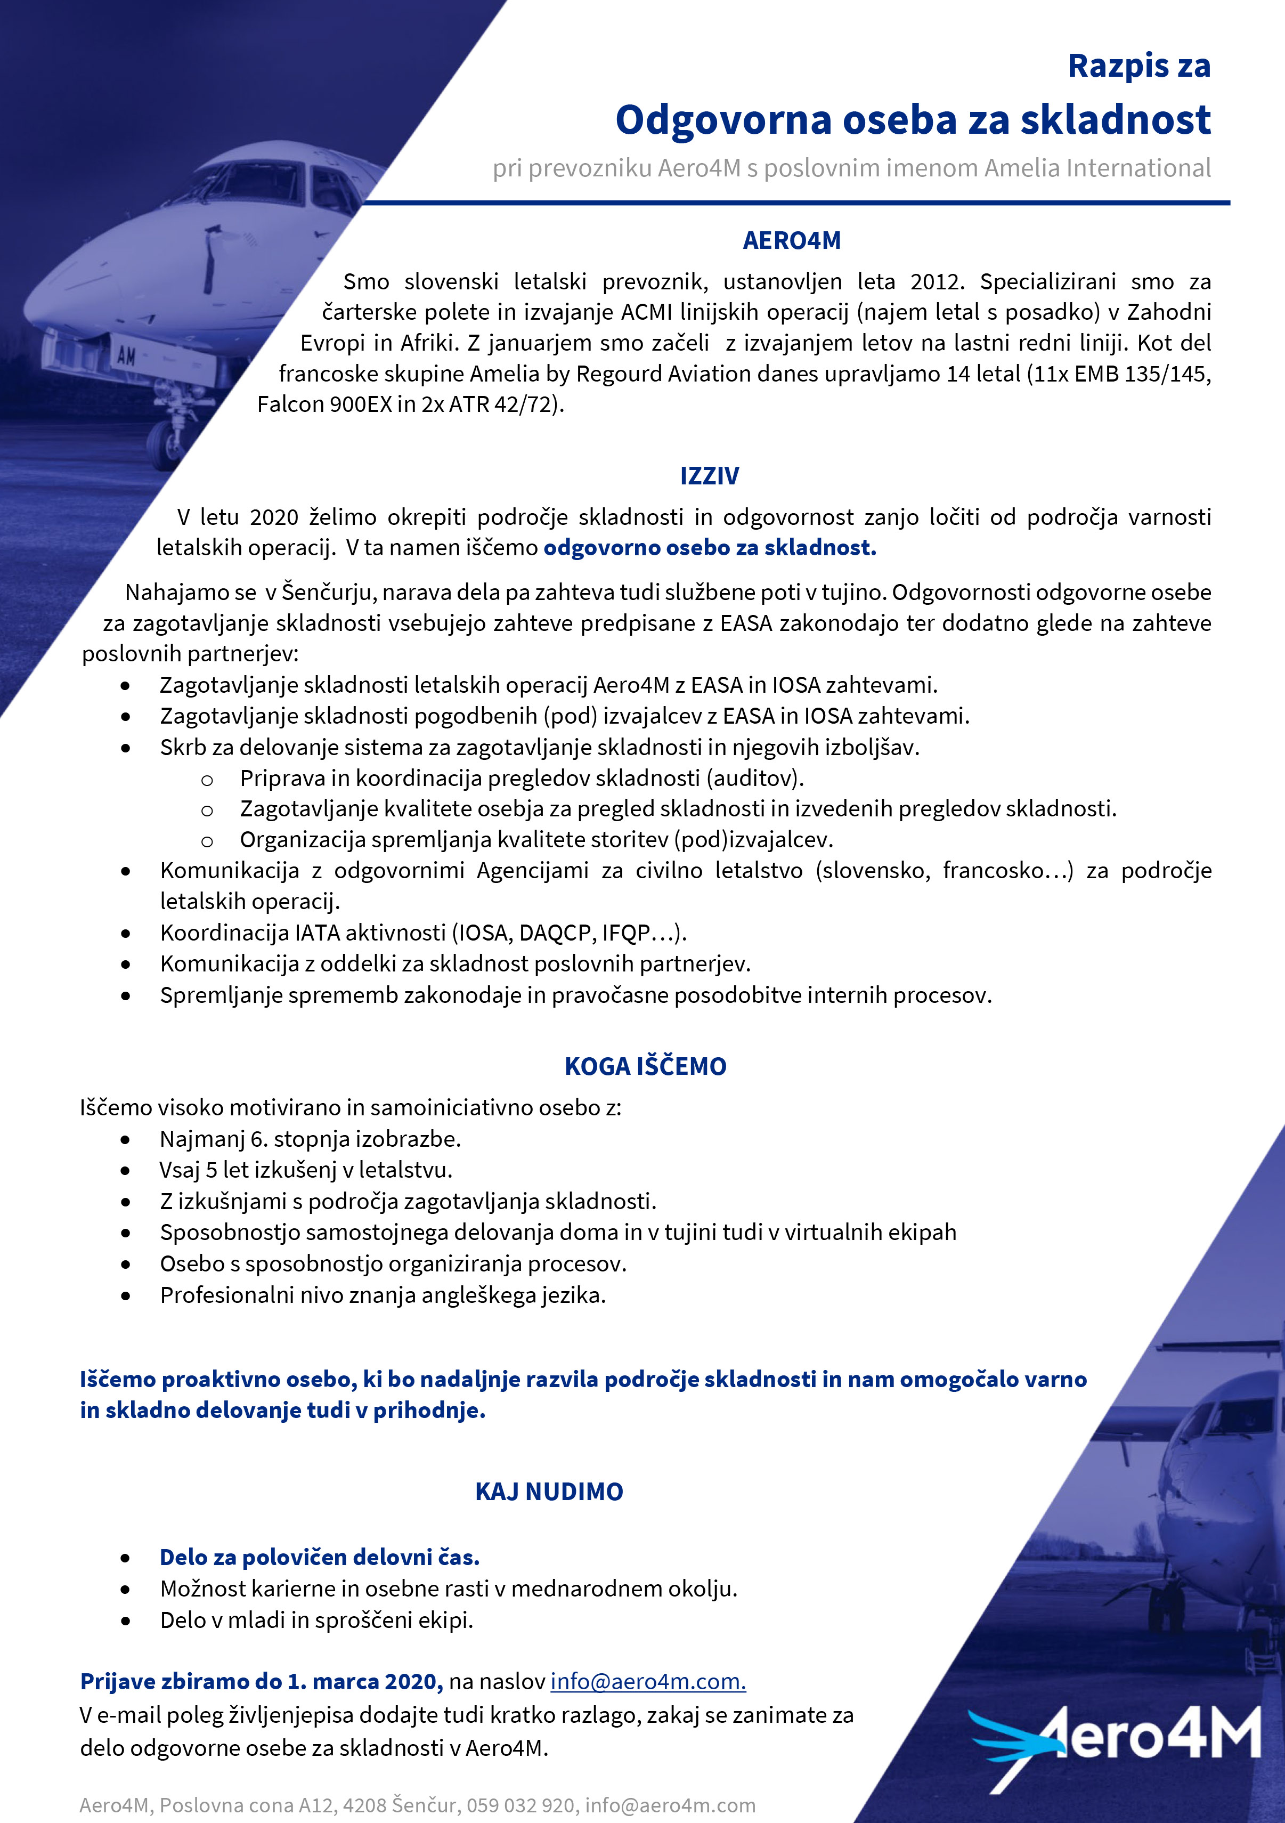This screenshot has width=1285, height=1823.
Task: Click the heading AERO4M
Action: tap(791, 240)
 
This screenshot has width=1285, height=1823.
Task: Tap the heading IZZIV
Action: tap(709, 476)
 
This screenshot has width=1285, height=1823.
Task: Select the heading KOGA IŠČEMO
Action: tap(645, 1066)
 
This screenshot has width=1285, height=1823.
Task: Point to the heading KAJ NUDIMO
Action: tap(549, 1492)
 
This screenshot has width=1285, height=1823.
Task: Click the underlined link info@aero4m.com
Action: tap(648, 1682)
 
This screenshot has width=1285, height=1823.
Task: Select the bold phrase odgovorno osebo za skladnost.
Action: tap(710, 548)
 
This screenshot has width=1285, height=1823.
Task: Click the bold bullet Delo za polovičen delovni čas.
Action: tap(319, 1557)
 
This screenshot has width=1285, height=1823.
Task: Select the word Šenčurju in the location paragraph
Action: tap(329, 593)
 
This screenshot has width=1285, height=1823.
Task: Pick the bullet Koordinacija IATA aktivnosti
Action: tap(422, 933)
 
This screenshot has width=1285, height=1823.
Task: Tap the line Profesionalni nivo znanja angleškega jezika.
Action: tap(383, 1296)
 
